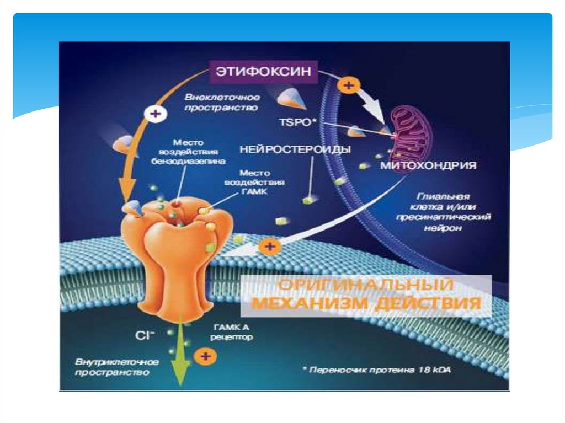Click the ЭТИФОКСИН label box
(260, 71)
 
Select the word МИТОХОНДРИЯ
(428, 165)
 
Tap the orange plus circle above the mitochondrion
(348, 85)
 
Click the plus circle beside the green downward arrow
(206, 356)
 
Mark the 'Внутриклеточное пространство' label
(117, 367)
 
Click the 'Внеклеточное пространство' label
(221, 103)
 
